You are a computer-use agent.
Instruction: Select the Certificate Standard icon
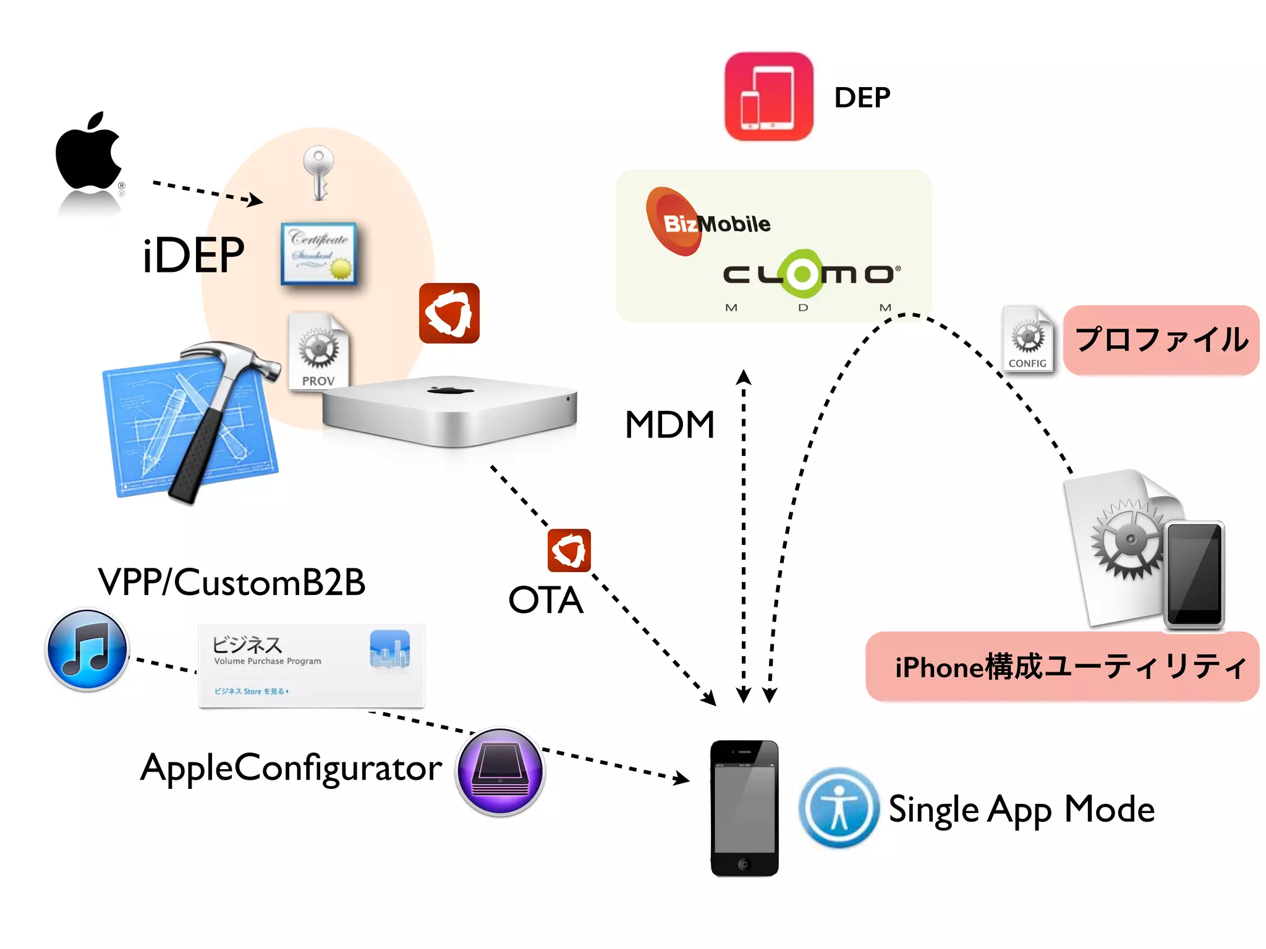pyautogui.click(x=319, y=253)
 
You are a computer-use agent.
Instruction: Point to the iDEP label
pyautogui.click(x=193, y=255)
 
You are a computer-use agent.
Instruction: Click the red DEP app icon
pyautogui.click(x=768, y=96)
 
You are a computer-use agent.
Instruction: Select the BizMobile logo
pyautogui.click(x=705, y=222)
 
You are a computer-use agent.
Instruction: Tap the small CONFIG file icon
pyautogui.click(x=1028, y=340)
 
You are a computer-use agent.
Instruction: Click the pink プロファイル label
pyautogui.click(x=1161, y=340)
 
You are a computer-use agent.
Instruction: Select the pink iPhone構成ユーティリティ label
pyautogui.click(x=1062, y=667)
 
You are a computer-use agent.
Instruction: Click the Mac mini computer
pyautogui.click(x=449, y=411)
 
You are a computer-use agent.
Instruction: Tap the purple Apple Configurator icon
pyautogui.click(x=500, y=772)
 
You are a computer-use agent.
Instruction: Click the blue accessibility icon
pyautogui.click(x=838, y=808)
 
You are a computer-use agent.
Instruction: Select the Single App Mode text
pyautogui.click(x=1021, y=809)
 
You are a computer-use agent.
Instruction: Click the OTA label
pyautogui.click(x=545, y=600)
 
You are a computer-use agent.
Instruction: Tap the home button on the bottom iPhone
pyautogui.click(x=744, y=864)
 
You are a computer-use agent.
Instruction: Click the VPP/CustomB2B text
pyautogui.click(x=232, y=582)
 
